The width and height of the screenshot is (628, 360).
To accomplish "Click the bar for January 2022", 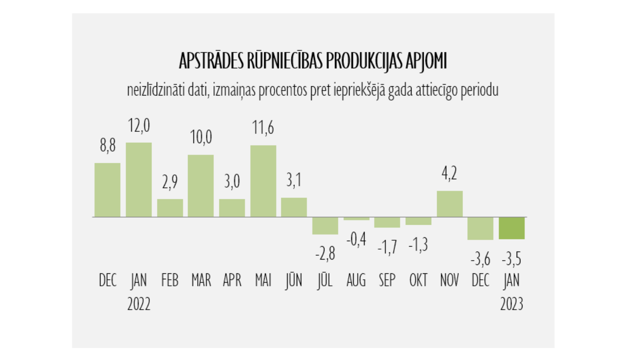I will point(139,180).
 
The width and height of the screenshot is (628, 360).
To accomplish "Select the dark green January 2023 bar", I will point(512,228).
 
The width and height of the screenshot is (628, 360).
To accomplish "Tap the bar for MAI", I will point(263,181).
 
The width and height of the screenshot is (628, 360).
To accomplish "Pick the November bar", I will point(450,204).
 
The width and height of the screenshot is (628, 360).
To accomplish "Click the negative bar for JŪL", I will point(325,226).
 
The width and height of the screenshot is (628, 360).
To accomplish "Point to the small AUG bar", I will point(356,219).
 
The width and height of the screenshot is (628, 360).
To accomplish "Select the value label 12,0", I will point(139,126).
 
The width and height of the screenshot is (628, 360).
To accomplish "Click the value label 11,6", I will point(263,128).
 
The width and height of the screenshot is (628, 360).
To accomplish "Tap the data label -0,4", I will point(356,239).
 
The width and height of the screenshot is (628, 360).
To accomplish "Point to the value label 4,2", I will point(449,173).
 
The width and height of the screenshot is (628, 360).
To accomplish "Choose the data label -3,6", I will point(480,260).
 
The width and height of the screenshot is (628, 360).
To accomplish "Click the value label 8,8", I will point(108,146).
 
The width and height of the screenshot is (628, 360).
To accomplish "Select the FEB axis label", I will point(170,280).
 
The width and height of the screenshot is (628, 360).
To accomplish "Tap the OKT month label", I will point(418,280).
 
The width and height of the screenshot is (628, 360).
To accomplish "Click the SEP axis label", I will point(387,280).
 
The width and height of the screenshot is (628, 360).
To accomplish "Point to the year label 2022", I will point(139,304).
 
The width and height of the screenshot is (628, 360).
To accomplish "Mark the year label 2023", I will point(512,304).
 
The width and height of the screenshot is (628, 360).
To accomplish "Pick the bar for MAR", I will point(201,186).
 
